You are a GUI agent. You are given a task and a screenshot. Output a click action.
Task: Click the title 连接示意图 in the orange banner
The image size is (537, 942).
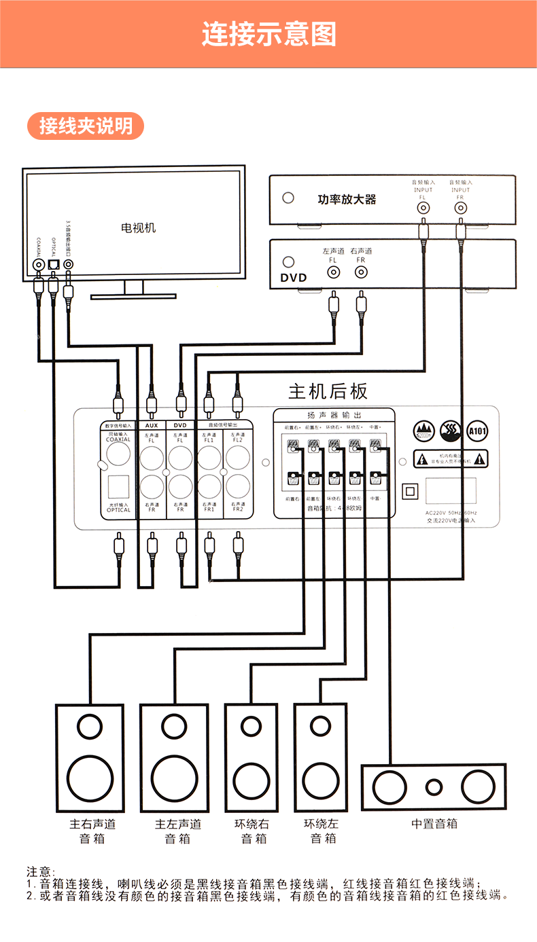(x=268, y=34)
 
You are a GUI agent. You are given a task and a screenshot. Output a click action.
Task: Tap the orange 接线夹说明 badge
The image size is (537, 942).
(x=86, y=126)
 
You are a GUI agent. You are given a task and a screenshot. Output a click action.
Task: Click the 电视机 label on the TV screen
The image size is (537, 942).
(x=138, y=228)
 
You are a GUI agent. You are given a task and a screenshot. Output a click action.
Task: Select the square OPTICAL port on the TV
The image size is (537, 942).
(x=53, y=264)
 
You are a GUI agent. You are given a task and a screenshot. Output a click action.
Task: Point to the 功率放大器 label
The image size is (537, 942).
(x=347, y=200)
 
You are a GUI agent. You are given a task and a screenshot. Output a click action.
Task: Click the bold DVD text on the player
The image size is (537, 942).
(x=294, y=277)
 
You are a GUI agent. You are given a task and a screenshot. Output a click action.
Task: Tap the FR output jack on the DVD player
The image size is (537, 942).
(x=361, y=273)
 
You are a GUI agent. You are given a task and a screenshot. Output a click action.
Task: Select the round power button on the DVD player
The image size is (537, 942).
(x=289, y=261)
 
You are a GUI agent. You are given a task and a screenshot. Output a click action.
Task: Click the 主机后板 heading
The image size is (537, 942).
(x=328, y=392)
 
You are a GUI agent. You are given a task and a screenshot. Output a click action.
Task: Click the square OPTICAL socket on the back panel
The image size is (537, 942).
(x=118, y=487)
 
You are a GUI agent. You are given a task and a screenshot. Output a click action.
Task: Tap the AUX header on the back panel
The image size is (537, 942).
(x=152, y=425)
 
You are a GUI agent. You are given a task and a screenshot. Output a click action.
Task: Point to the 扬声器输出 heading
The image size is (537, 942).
(x=334, y=415)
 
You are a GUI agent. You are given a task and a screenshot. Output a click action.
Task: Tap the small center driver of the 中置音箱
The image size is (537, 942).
(x=434, y=787)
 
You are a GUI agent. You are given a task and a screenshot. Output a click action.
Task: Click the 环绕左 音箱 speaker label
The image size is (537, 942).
(x=322, y=831)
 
